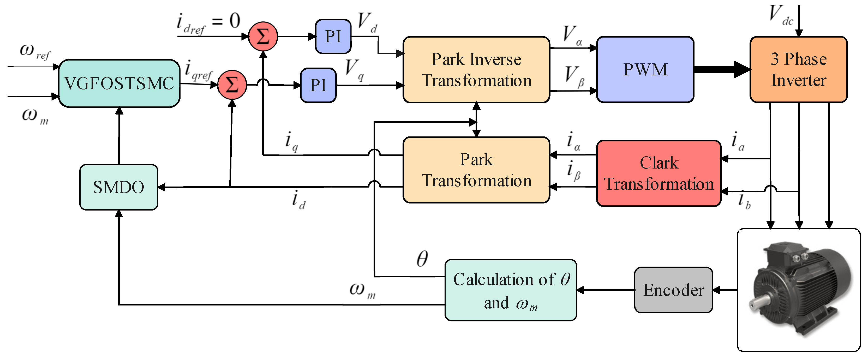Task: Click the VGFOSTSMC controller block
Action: [119, 83]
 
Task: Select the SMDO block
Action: [119, 187]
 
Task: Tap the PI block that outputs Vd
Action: [333, 37]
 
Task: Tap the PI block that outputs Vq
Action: [318, 85]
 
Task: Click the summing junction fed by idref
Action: [263, 37]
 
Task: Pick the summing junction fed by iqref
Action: [232, 85]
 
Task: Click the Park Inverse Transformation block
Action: [476, 69]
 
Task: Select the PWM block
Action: [645, 69]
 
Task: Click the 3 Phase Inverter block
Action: [798, 69]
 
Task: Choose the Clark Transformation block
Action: [659, 173]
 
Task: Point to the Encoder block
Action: [673, 290]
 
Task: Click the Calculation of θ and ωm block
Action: [511, 290]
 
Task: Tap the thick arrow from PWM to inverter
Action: [721, 69]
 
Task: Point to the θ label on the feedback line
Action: [422, 259]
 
